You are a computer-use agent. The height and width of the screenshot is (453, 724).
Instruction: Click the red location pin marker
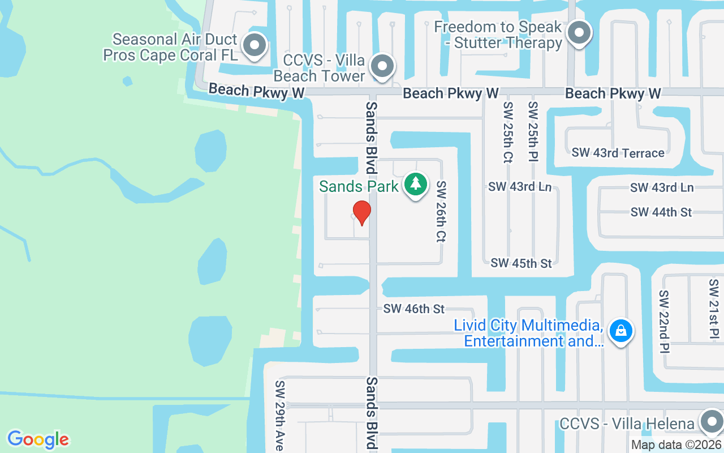pos(361,212)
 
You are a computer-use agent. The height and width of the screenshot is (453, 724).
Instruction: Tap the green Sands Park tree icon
pos(416,184)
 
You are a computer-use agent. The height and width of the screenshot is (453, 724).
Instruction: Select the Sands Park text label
pos(359,186)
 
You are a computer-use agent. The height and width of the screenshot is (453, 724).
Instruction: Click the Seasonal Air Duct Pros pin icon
pos(255,45)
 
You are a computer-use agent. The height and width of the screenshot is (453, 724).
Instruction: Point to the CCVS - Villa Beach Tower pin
pos(383,66)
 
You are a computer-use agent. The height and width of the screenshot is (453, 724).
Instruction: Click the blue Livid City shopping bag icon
pos(621,331)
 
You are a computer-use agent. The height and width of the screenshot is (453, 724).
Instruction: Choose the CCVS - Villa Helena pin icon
pos(710,422)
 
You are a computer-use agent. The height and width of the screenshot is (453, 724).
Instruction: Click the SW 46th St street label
pos(414,309)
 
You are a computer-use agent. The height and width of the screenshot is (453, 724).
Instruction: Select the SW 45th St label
pos(521,263)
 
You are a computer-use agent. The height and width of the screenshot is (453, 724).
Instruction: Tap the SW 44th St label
pos(661,212)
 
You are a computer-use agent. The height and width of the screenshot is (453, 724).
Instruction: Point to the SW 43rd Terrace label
pos(618,153)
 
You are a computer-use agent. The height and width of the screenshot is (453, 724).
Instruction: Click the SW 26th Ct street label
pos(441,212)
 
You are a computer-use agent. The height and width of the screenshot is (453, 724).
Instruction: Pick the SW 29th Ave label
pos(279,416)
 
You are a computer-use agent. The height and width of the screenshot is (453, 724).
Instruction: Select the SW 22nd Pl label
pos(663,321)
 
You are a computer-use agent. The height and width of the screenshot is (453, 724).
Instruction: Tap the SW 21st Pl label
pos(713,310)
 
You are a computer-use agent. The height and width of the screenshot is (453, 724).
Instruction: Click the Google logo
pos(38,439)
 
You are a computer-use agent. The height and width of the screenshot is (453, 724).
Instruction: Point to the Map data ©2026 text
pos(676,445)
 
